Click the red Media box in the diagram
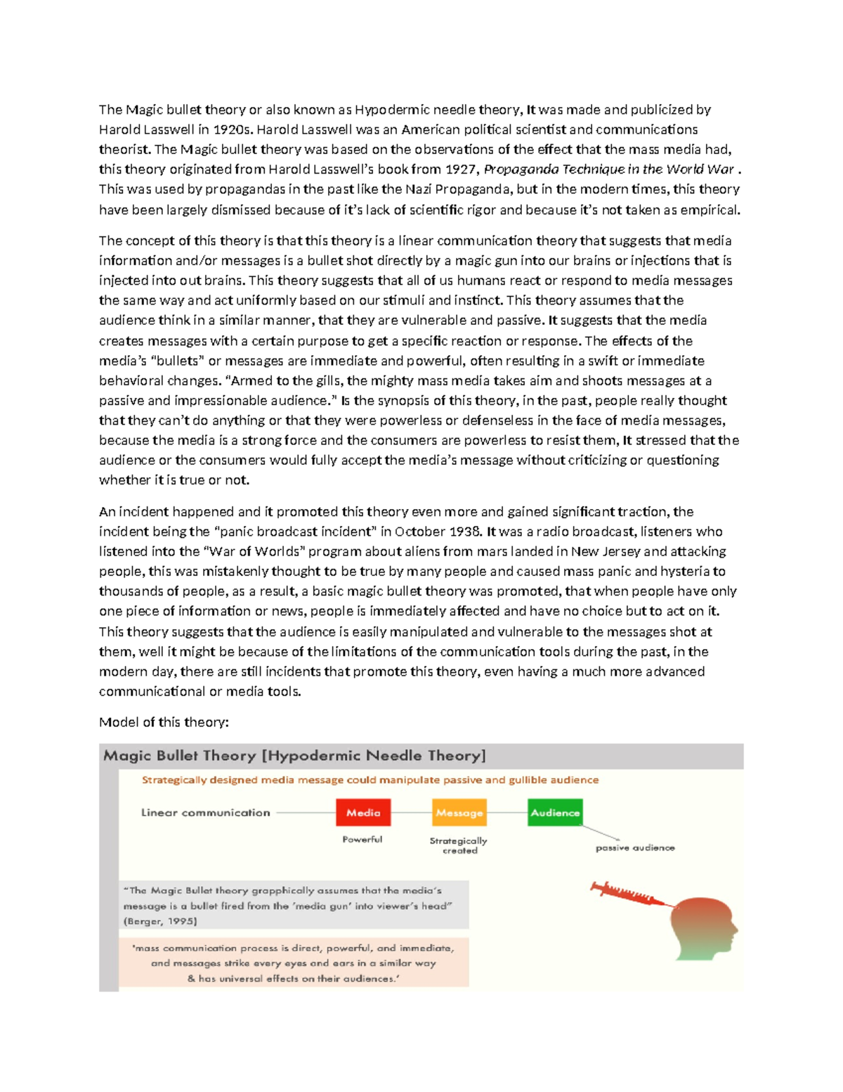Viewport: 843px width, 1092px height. click(363, 812)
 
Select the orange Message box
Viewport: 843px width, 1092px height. click(459, 812)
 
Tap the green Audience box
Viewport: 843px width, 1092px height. click(555, 812)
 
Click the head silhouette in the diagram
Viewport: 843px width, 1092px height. click(702, 928)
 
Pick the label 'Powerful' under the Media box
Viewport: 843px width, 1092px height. click(362, 839)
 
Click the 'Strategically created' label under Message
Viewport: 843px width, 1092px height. click(459, 845)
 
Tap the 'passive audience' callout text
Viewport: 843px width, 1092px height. click(635, 847)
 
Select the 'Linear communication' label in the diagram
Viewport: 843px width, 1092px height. click(205, 812)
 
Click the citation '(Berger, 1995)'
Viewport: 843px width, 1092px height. click(160, 921)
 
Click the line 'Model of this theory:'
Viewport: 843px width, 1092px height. click(164, 722)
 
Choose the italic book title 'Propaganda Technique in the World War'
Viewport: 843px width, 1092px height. click(609, 169)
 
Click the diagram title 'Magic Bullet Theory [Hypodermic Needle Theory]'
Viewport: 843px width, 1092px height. click(294, 756)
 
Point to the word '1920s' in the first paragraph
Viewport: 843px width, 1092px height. click(233, 129)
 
